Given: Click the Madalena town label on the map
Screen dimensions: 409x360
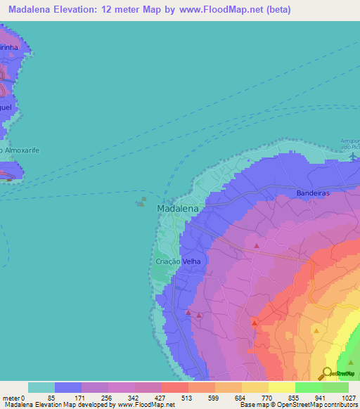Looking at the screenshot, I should point(176,209).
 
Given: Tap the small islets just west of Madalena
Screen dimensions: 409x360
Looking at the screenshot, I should point(141,202).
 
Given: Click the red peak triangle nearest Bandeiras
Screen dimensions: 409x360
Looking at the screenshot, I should point(257,246).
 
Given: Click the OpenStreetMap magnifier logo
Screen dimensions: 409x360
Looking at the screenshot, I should point(328,375).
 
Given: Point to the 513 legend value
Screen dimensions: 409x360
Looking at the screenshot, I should point(188,397).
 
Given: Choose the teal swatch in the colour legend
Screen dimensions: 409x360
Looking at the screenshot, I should point(41,387).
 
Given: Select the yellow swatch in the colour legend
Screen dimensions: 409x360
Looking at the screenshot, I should point(281,387).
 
